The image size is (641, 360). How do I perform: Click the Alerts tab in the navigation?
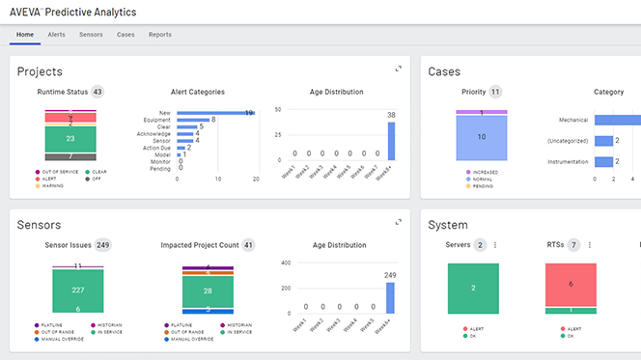tap(56, 35)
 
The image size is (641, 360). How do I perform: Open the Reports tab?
tap(160, 35)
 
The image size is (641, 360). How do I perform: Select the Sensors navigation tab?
tap(91, 35)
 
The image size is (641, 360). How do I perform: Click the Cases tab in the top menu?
tap(125, 35)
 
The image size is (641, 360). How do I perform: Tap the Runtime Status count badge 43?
tap(98, 93)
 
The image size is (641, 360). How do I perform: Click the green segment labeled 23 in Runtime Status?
tap(70, 139)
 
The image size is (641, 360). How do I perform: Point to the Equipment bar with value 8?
tap(192, 120)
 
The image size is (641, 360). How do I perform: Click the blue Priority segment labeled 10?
tap(495, 138)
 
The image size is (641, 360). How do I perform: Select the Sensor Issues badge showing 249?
tap(102, 245)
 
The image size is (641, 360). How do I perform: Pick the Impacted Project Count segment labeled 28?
tap(208, 291)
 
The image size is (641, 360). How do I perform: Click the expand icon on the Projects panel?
tap(398, 69)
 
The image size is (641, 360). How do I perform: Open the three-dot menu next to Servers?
tap(495, 245)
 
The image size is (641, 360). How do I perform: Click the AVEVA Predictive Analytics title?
tap(73, 12)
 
